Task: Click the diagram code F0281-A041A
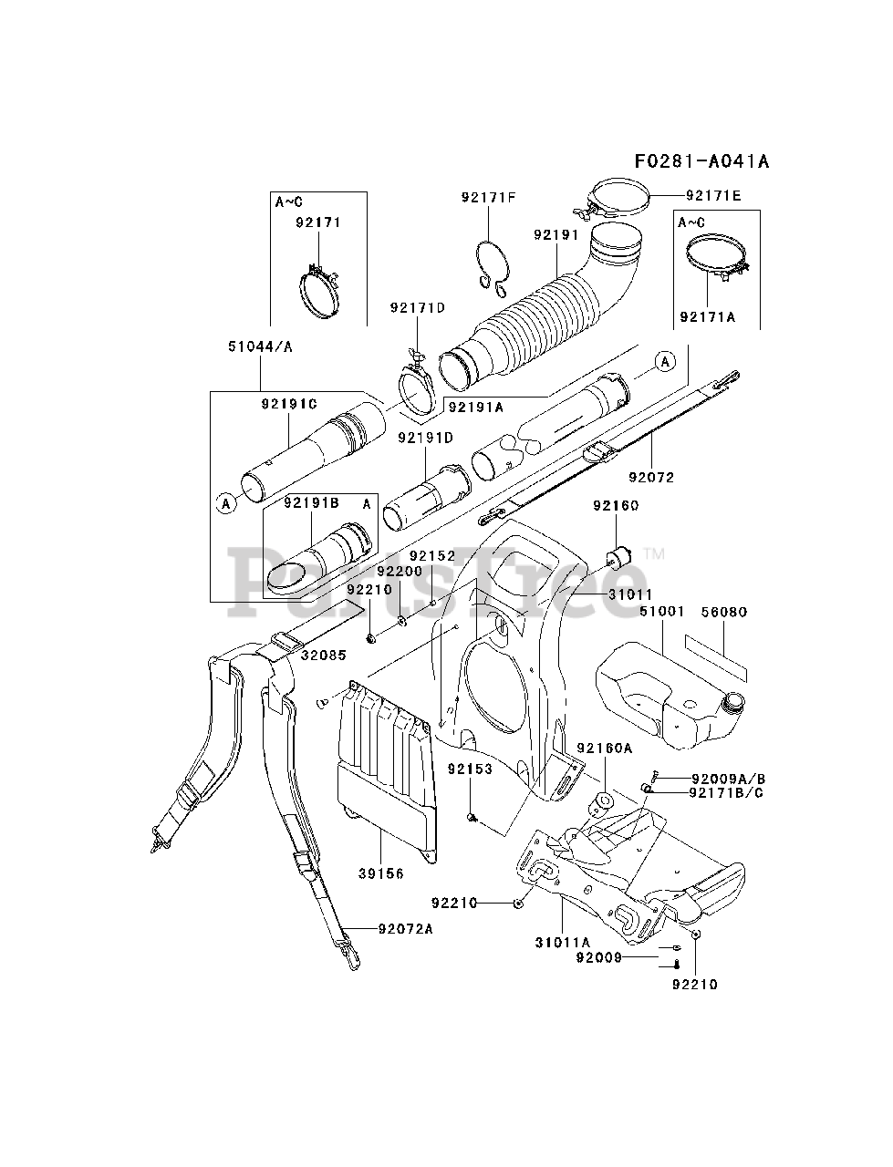coord(701,161)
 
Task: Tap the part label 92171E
coord(712,196)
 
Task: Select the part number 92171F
coord(488,198)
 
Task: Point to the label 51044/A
coord(260,346)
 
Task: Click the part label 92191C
coord(289,405)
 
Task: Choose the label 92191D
coord(425,438)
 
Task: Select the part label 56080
coord(724,612)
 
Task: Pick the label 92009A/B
coord(728,780)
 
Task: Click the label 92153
coord(470,769)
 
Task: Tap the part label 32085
coord(324,655)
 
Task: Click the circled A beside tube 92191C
coord(226,503)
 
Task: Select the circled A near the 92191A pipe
coord(665,362)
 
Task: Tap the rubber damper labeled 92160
coord(618,558)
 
